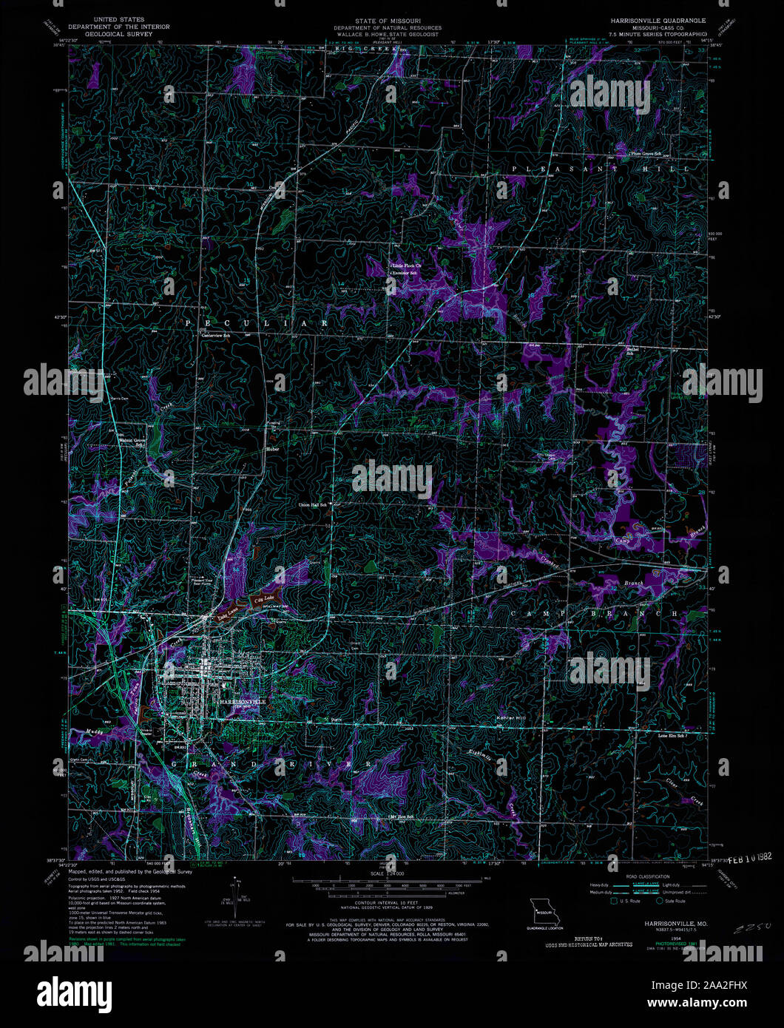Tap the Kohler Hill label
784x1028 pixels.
(x=510, y=718)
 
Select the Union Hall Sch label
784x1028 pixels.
(x=312, y=505)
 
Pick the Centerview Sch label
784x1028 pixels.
(x=216, y=335)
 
